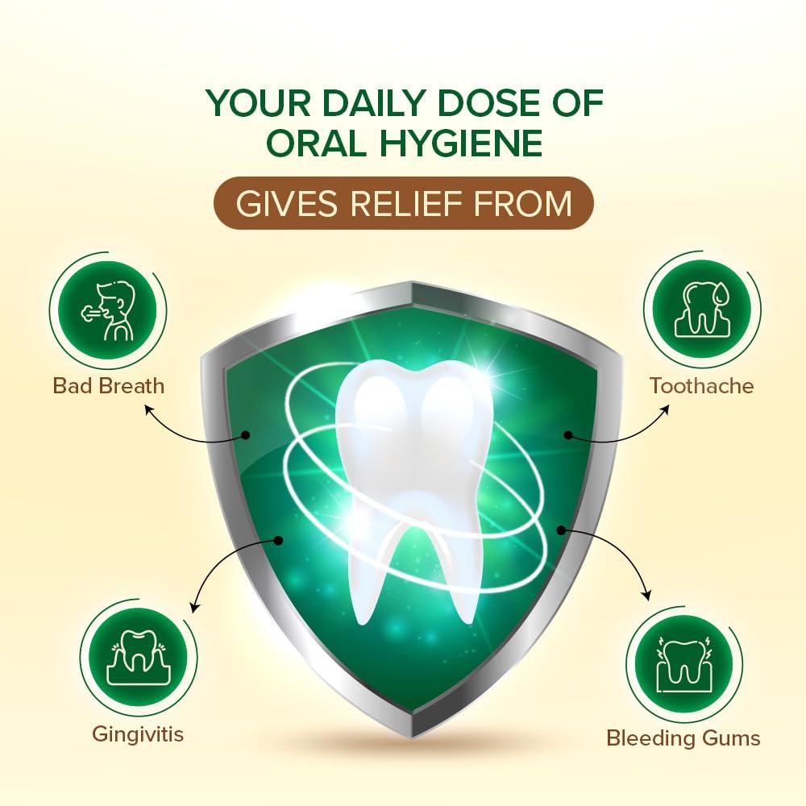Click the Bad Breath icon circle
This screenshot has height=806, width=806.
click(107, 309)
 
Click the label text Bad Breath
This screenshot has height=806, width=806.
click(109, 385)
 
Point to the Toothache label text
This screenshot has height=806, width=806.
click(702, 385)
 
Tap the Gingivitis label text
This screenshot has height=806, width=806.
click(138, 734)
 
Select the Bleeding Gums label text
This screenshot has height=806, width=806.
click(683, 737)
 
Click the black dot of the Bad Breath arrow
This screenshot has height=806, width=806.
click(246, 435)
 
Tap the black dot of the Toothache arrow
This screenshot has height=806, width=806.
click(568, 435)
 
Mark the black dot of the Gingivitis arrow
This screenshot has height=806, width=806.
click(279, 539)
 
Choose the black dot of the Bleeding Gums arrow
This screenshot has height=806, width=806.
click(562, 530)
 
